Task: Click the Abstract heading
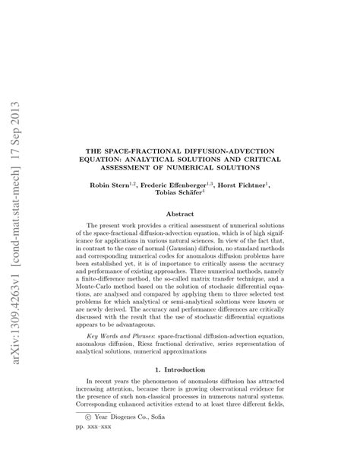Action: (x=180, y=214)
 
